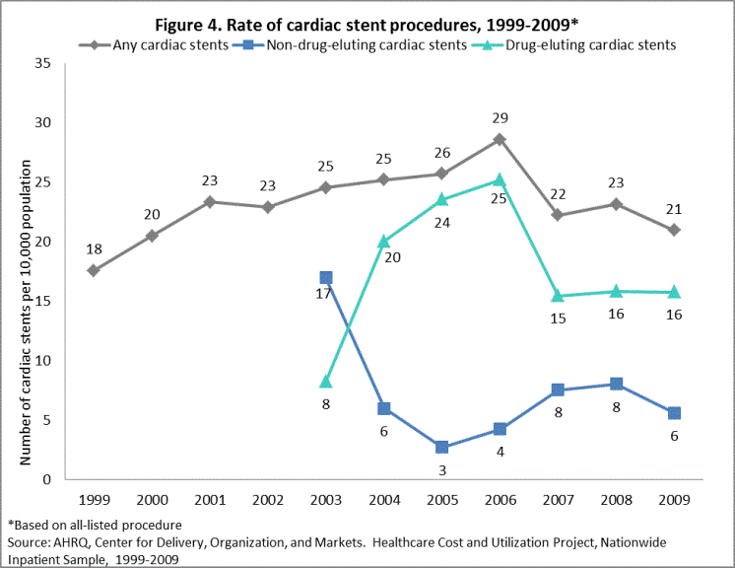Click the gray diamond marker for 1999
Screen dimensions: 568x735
tap(94, 270)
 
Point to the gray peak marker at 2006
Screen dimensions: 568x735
tap(500, 139)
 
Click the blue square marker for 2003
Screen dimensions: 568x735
tap(326, 278)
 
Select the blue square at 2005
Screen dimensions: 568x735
tap(442, 447)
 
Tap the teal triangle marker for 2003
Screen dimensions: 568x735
tap(326, 382)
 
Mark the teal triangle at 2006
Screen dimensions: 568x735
tap(500, 180)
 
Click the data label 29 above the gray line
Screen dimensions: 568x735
tap(501, 117)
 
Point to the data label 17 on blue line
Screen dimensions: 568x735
tap(323, 295)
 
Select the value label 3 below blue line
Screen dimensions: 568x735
tap(442, 469)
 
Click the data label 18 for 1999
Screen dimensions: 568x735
tap(94, 248)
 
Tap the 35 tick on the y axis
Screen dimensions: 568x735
tap(42, 63)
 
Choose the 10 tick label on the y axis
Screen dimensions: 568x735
tap(42, 361)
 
